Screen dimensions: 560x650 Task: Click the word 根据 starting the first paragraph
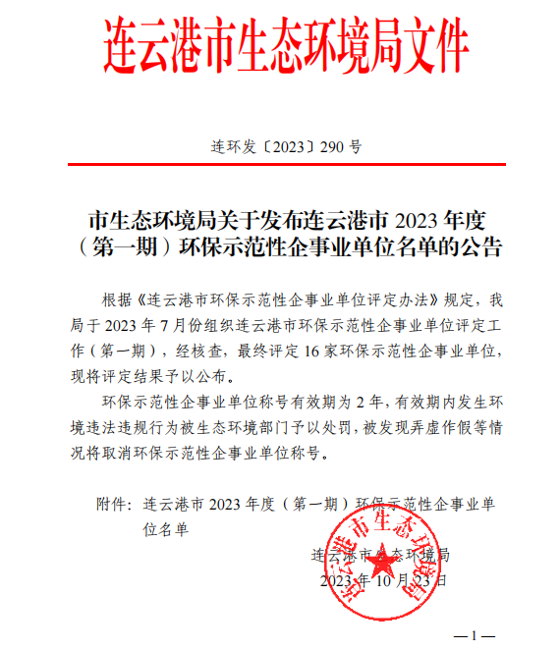(116, 298)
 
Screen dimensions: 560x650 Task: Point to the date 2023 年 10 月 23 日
(383, 580)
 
